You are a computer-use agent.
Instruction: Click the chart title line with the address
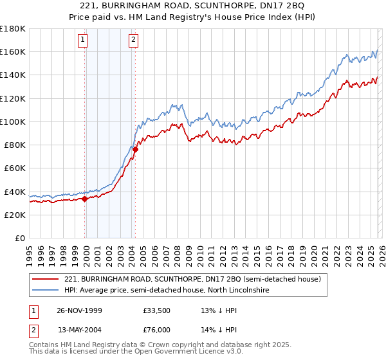pos(192,5)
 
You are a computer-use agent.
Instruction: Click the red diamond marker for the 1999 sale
pos(85,199)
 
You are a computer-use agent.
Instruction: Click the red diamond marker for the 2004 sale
pos(136,149)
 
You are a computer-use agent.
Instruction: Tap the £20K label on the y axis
pos(14,215)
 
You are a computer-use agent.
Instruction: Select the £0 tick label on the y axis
pos(19,238)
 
